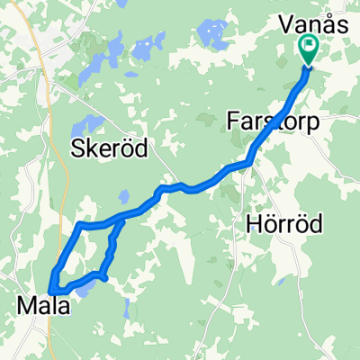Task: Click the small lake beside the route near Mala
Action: [x=84, y=289]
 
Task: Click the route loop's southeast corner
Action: [x=106, y=278]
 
